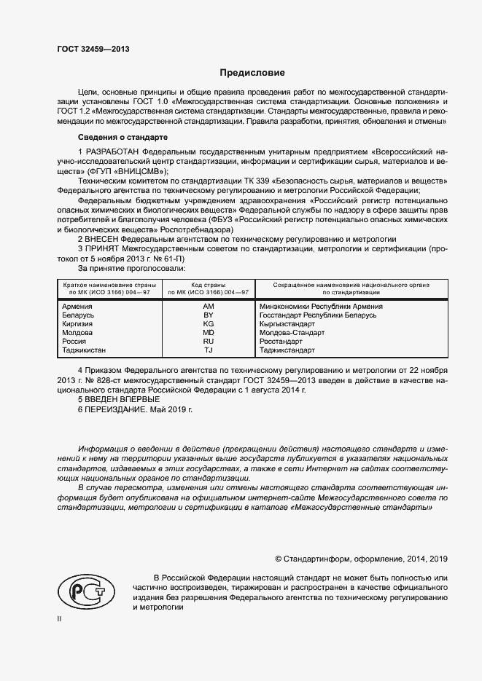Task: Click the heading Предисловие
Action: (x=253, y=73)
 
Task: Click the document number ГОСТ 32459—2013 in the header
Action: (x=94, y=50)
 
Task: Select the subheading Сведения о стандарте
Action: (x=123, y=137)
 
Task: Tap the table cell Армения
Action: (x=78, y=307)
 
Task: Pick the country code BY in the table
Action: (x=209, y=315)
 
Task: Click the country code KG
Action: (x=209, y=324)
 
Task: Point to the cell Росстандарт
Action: (x=281, y=342)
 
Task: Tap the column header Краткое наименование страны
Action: (x=106, y=284)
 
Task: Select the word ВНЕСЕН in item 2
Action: (x=101, y=239)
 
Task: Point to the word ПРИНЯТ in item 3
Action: (x=102, y=248)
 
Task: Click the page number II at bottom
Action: (x=60, y=618)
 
